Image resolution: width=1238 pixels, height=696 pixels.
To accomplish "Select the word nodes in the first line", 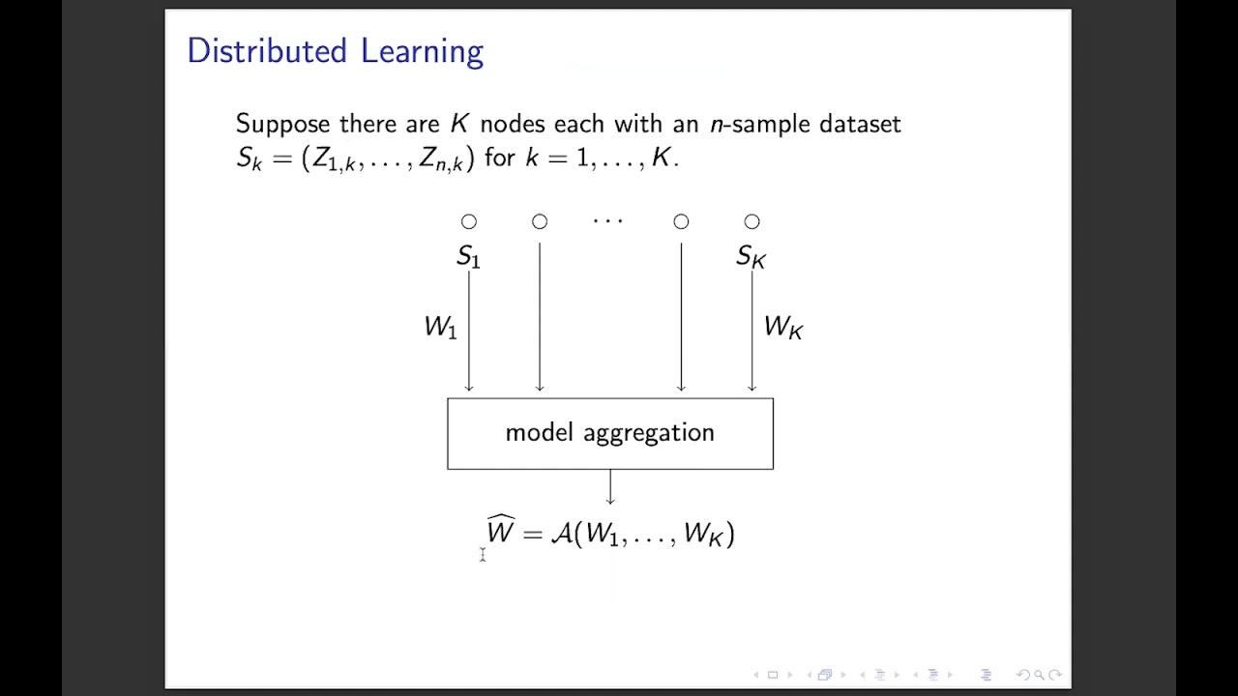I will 513,124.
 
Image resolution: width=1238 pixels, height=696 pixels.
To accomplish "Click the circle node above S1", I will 469,222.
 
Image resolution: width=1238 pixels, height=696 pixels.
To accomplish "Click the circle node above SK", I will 752,222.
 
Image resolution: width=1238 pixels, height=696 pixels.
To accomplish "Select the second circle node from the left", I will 540,222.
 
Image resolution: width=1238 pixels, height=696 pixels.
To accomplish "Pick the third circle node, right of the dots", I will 681,222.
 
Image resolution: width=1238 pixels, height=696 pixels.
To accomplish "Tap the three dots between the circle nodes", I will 608,222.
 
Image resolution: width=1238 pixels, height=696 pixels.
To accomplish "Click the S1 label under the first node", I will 468,256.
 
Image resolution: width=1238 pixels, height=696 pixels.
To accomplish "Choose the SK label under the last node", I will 751,256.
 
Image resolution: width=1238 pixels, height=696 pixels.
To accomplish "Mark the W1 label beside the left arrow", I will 440,328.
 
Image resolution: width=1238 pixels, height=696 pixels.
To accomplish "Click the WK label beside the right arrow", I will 782,328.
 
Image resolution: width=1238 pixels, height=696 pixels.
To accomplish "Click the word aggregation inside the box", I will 649,434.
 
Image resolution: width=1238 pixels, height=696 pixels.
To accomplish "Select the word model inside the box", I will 539,433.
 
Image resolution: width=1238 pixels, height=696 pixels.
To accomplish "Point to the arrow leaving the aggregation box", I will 610,487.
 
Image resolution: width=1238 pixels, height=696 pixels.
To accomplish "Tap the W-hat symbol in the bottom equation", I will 501,531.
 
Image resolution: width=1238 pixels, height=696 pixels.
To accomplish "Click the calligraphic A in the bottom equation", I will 562,534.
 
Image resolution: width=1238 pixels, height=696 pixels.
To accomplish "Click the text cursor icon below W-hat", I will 482,554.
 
